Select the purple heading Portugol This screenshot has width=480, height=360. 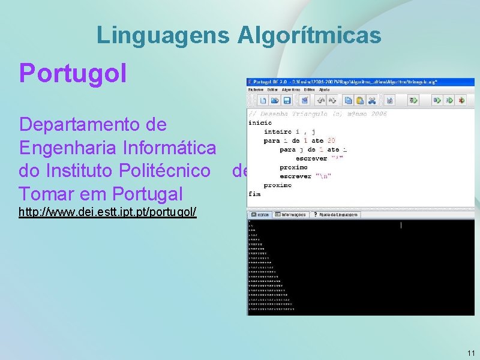tap(73, 73)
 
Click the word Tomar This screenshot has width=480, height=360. tap(41, 194)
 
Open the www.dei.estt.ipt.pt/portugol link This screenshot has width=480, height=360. tap(108, 212)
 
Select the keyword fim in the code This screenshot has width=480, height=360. tap(254, 194)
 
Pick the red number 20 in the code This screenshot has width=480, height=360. tap(331, 140)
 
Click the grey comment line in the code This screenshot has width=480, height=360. tap(318, 113)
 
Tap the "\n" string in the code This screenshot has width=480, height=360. tap(323, 176)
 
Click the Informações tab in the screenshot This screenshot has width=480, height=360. tap(290, 214)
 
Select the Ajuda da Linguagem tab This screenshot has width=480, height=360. tap(335, 214)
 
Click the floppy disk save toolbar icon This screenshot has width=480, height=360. tap(287, 100)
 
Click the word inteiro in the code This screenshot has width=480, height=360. tap(277, 131)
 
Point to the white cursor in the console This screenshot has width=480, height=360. tap(401, 225)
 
